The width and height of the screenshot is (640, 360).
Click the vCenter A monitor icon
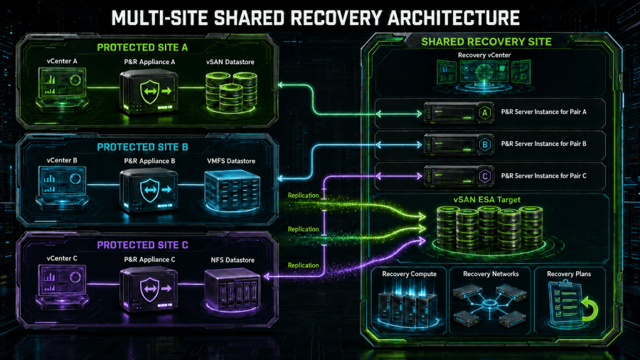coord(62,88)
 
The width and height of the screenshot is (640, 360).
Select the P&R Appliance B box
coord(149,190)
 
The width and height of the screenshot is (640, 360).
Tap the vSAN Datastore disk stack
coord(231,92)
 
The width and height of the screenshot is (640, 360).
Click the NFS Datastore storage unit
coord(233,290)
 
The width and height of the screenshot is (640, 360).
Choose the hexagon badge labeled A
coord(485,112)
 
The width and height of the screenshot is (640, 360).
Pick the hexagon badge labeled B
coord(485,144)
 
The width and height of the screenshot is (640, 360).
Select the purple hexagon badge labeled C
coord(485,176)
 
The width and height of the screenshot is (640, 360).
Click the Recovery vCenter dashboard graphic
coord(484,75)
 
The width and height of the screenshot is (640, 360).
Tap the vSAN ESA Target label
coord(487,200)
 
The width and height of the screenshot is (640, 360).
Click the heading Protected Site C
coord(142,245)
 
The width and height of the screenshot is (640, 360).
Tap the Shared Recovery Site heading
coord(486,42)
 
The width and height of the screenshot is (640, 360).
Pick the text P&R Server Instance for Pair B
coord(544,144)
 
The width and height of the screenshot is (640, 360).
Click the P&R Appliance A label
coord(149,62)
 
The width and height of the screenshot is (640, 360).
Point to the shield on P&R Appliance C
coord(149,289)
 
